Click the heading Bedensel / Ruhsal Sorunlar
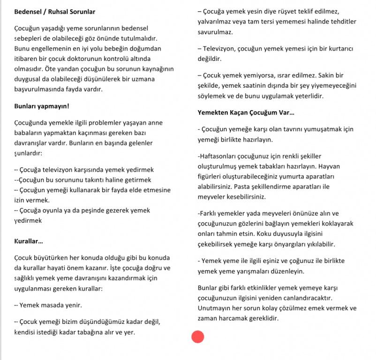coord(54,11)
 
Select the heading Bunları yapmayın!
coord(42,106)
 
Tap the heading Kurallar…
coord(29,241)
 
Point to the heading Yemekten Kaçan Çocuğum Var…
coord(246,112)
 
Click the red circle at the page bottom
coord(198,336)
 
